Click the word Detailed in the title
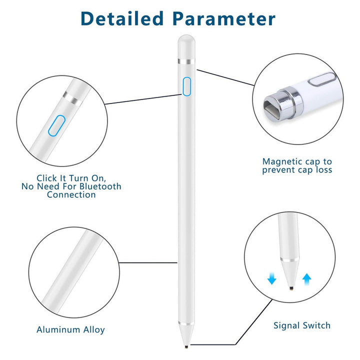click(122, 18)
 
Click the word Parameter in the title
click(224, 18)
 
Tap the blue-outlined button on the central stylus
click(186, 86)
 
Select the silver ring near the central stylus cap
click(186, 61)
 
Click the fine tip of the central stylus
click(186, 346)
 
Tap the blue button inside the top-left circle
click(56, 125)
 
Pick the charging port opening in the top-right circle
click(273, 109)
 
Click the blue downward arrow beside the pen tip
click(271, 278)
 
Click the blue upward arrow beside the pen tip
click(306, 279)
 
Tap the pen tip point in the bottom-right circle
click(291, 288)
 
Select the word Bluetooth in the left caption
click(100, 186)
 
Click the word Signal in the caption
click(286, 326)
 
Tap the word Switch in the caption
click(316, 325)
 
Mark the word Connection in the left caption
click(71, 194)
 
